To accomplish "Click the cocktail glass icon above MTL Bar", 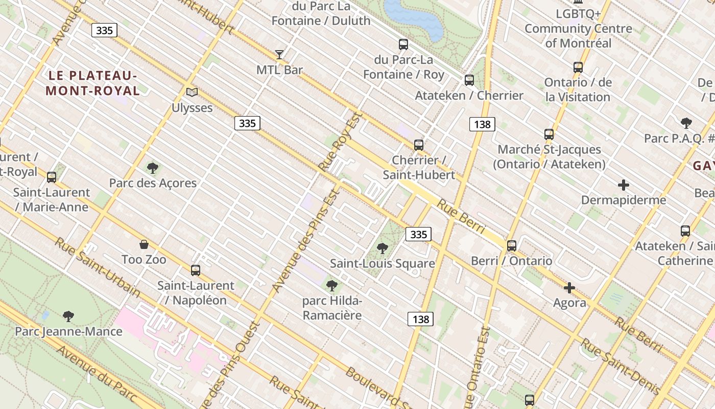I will pos(279,54).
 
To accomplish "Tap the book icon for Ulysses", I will pos(192,92).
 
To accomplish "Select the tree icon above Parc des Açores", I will pos(152,168).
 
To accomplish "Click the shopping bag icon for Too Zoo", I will pos(144,244).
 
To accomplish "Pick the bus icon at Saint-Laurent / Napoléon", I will pos(195,270).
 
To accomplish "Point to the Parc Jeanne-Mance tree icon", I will pos(68,316).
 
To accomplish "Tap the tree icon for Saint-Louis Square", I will pos(382,248).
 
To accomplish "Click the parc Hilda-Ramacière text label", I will pos(332,308).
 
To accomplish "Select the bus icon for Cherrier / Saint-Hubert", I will pos(419,145).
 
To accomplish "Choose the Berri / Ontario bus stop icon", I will pos(512,246).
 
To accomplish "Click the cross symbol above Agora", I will pos(569,288).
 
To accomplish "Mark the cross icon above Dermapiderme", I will pos(623,185).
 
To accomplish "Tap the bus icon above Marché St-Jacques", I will pos(549,134).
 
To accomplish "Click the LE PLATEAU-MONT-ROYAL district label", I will pos(93,83).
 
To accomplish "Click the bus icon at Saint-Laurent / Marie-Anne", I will pos(52,177).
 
